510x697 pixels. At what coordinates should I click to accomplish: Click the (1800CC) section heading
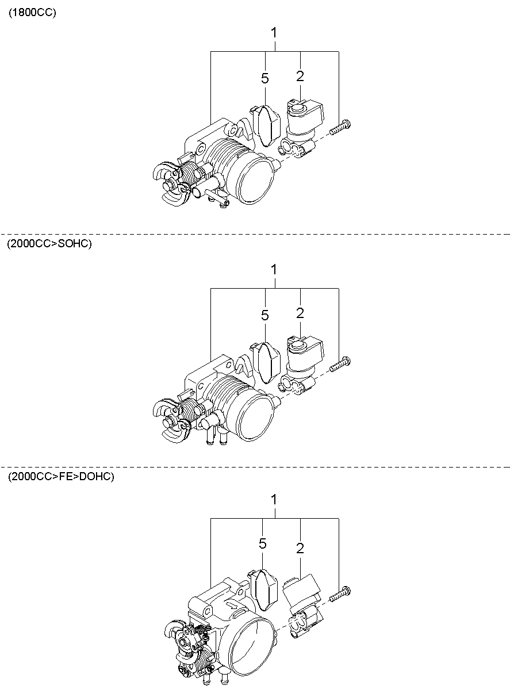click(32, 13)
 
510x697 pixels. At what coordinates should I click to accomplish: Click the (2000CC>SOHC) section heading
click(49, 243)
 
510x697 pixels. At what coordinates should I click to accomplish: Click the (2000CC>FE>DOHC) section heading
click(61, 476)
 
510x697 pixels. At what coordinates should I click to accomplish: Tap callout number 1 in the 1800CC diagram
click(274, 33)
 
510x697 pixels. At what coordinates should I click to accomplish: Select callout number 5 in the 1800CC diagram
click(265, 78)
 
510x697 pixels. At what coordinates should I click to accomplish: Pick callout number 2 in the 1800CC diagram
click(300, 76)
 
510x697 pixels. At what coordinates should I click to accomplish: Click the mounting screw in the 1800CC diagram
click(340, 127)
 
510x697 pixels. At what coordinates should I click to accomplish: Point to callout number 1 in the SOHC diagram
click(274, 270)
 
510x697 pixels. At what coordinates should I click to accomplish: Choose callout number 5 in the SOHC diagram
click(265, 316)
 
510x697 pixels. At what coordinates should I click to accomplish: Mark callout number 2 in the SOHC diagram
click(300, 313)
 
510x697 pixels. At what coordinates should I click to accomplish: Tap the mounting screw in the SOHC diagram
click(340, 364)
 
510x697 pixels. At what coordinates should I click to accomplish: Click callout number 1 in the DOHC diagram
click(274, 500)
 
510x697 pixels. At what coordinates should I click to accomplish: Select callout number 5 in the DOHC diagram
click(263, 543)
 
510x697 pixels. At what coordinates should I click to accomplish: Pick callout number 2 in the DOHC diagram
click(300, 549)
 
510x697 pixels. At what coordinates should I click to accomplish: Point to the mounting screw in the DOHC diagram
click(340, 593)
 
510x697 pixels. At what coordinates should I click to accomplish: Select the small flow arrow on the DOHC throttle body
click(232, 604)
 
